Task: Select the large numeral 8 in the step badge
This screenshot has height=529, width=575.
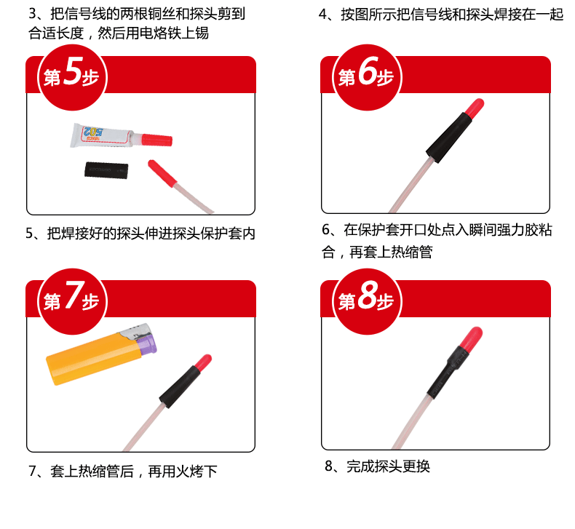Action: click(x=368, y=295)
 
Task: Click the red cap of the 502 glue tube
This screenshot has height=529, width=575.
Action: click(x=156, y=140)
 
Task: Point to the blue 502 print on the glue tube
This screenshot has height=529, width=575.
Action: click(x=93, y=131)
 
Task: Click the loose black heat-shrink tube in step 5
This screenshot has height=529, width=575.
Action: click(x=106, y=170)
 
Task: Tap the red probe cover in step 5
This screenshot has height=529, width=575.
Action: click(x=162, y=173)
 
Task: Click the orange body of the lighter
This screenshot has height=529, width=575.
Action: click(x=93, y=359)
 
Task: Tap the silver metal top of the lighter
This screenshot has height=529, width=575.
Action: click(x=135, y=331)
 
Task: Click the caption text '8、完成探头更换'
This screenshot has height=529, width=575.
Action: click(x=377, y=466)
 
